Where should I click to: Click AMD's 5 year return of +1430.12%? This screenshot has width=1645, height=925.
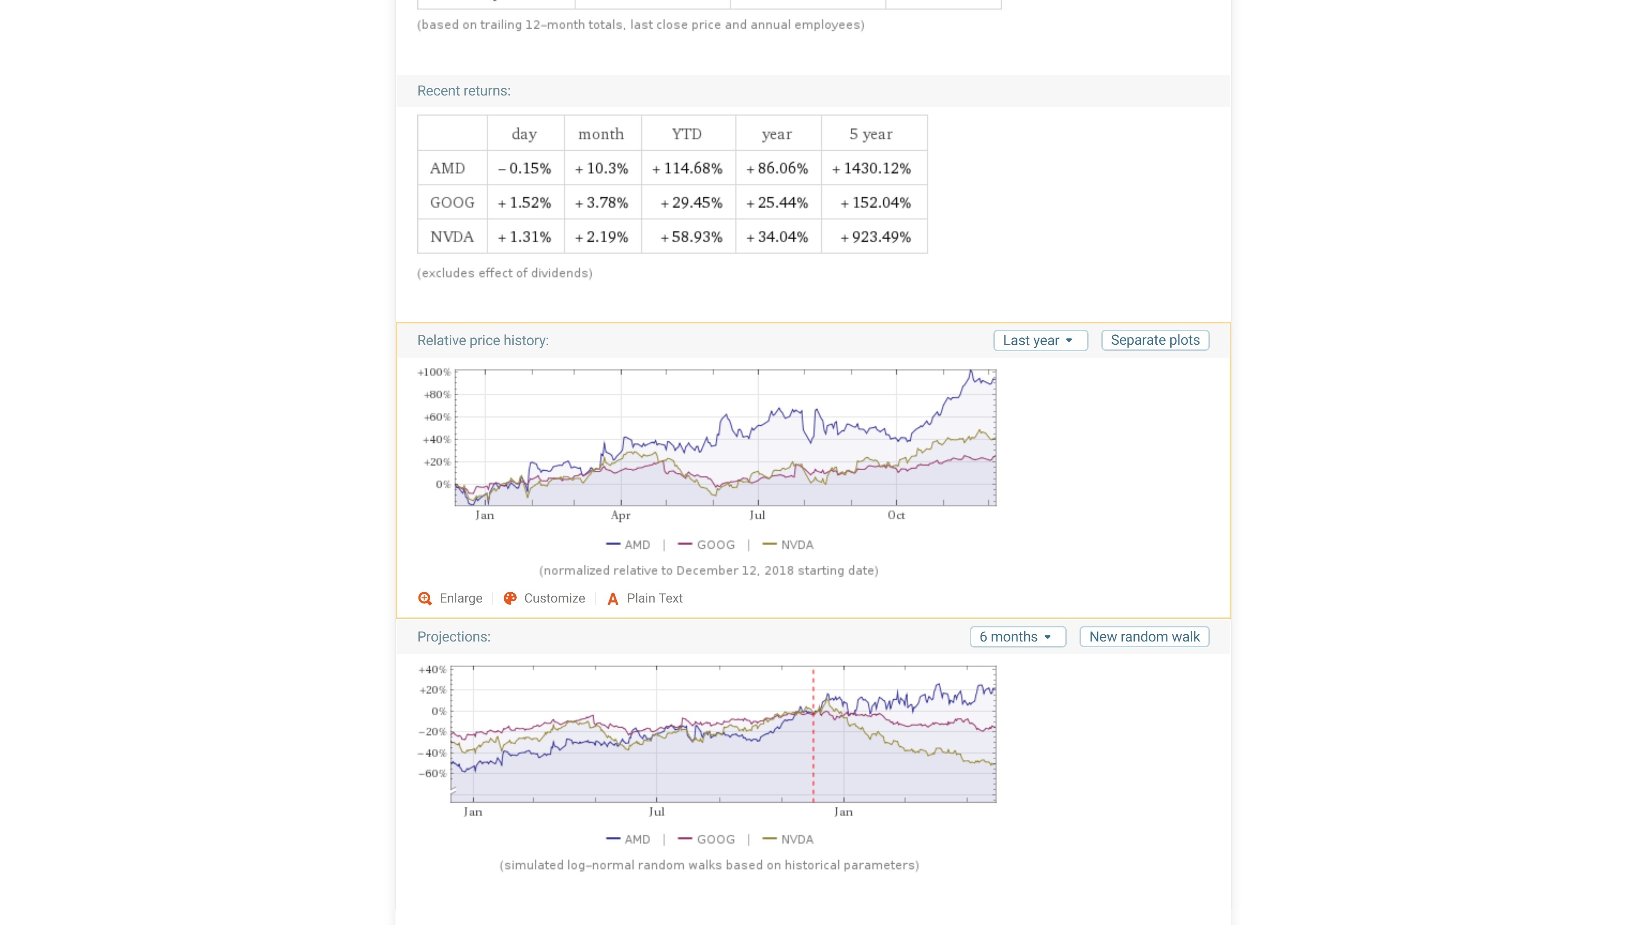coord(872,169)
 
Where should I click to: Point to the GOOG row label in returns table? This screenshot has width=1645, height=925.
coord(452,203)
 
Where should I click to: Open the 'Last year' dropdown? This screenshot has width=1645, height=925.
coord(1039,340)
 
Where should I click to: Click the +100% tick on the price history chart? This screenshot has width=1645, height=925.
coord(434,372)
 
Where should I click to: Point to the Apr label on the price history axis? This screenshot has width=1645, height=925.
coord(620,515)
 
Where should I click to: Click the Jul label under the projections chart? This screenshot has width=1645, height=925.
coord(656,812)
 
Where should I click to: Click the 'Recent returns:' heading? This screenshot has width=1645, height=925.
coord(464,91)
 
